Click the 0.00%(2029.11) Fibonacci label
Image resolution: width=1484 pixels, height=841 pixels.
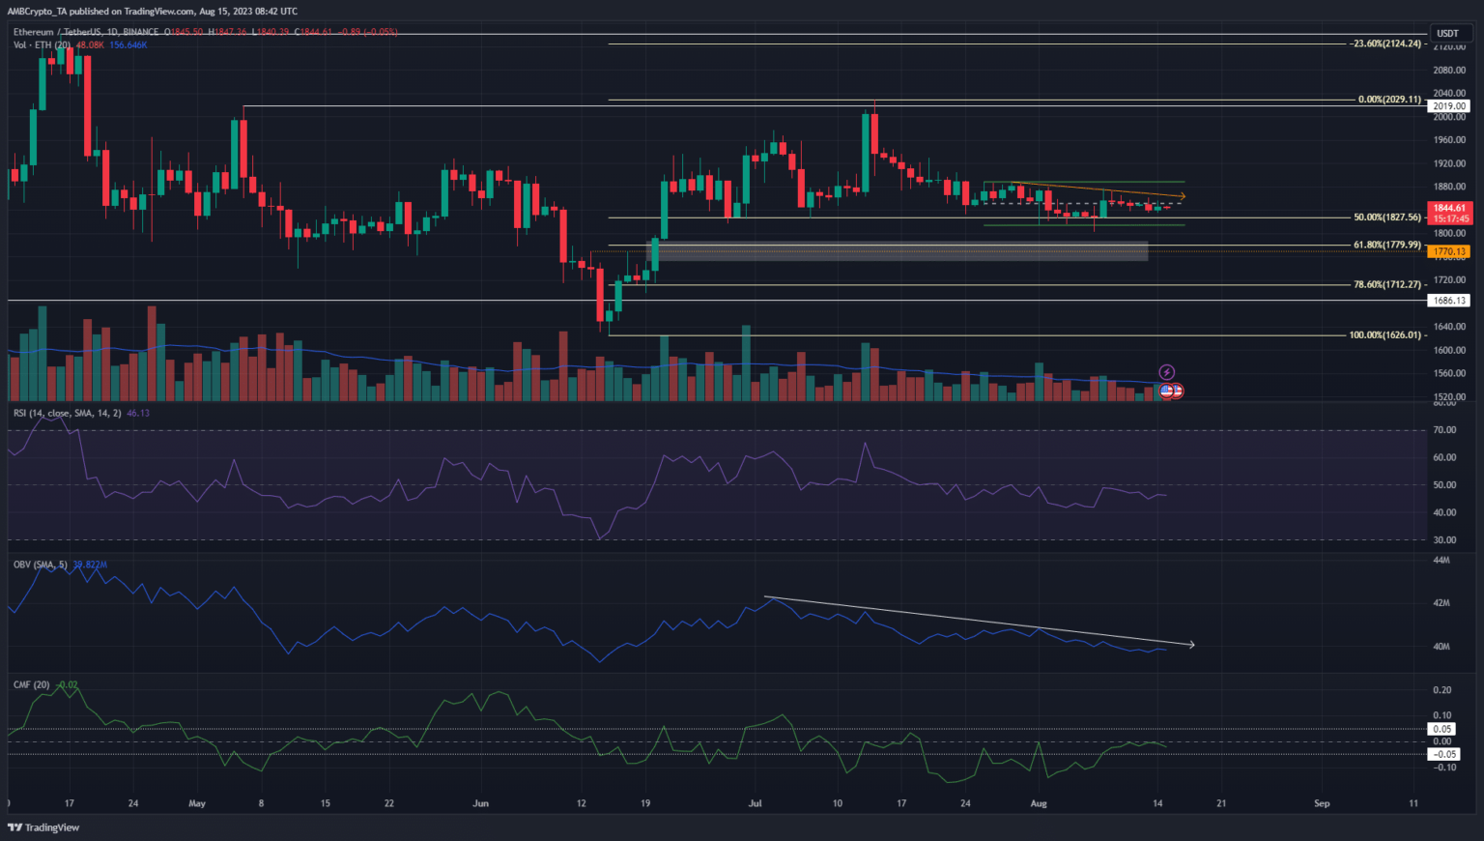(x=1389, y=100)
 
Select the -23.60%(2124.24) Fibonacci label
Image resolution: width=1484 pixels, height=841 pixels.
(x=1387, y=43)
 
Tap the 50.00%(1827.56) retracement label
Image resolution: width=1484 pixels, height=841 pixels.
(x=1387, y=217)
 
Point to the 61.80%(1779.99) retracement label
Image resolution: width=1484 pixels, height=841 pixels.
(x=1387, y=245)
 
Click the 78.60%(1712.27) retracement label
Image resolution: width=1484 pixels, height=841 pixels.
(x=1387, y=284)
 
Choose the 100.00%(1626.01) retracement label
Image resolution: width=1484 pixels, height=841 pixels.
(x=1385, y=335)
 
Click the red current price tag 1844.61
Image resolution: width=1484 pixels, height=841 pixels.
(x=1449, y=208)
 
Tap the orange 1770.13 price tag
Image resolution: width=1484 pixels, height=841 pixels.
(x=1449, y=251)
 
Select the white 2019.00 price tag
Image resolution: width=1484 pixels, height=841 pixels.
(x=1449, y=106)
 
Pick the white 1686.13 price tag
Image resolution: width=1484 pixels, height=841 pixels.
(x=1449, y=301)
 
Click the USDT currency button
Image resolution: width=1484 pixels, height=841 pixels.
(x=1447, y=34)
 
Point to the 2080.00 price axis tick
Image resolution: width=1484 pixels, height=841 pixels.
(x=1449, y=70)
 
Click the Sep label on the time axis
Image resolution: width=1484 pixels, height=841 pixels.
(x=1322, y=803)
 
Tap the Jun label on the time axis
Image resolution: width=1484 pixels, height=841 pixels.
(x=480, y=803)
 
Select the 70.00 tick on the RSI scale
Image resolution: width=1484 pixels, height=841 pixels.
(x=1444, y=429)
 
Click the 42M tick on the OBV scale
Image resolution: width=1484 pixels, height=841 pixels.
(x=1441, y=603)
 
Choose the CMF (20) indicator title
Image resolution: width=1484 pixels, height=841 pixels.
(x=31, y=684)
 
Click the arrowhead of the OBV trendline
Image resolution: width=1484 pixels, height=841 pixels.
(x=1192, y=645)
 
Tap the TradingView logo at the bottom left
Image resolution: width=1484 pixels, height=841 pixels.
(x=43, y=827)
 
